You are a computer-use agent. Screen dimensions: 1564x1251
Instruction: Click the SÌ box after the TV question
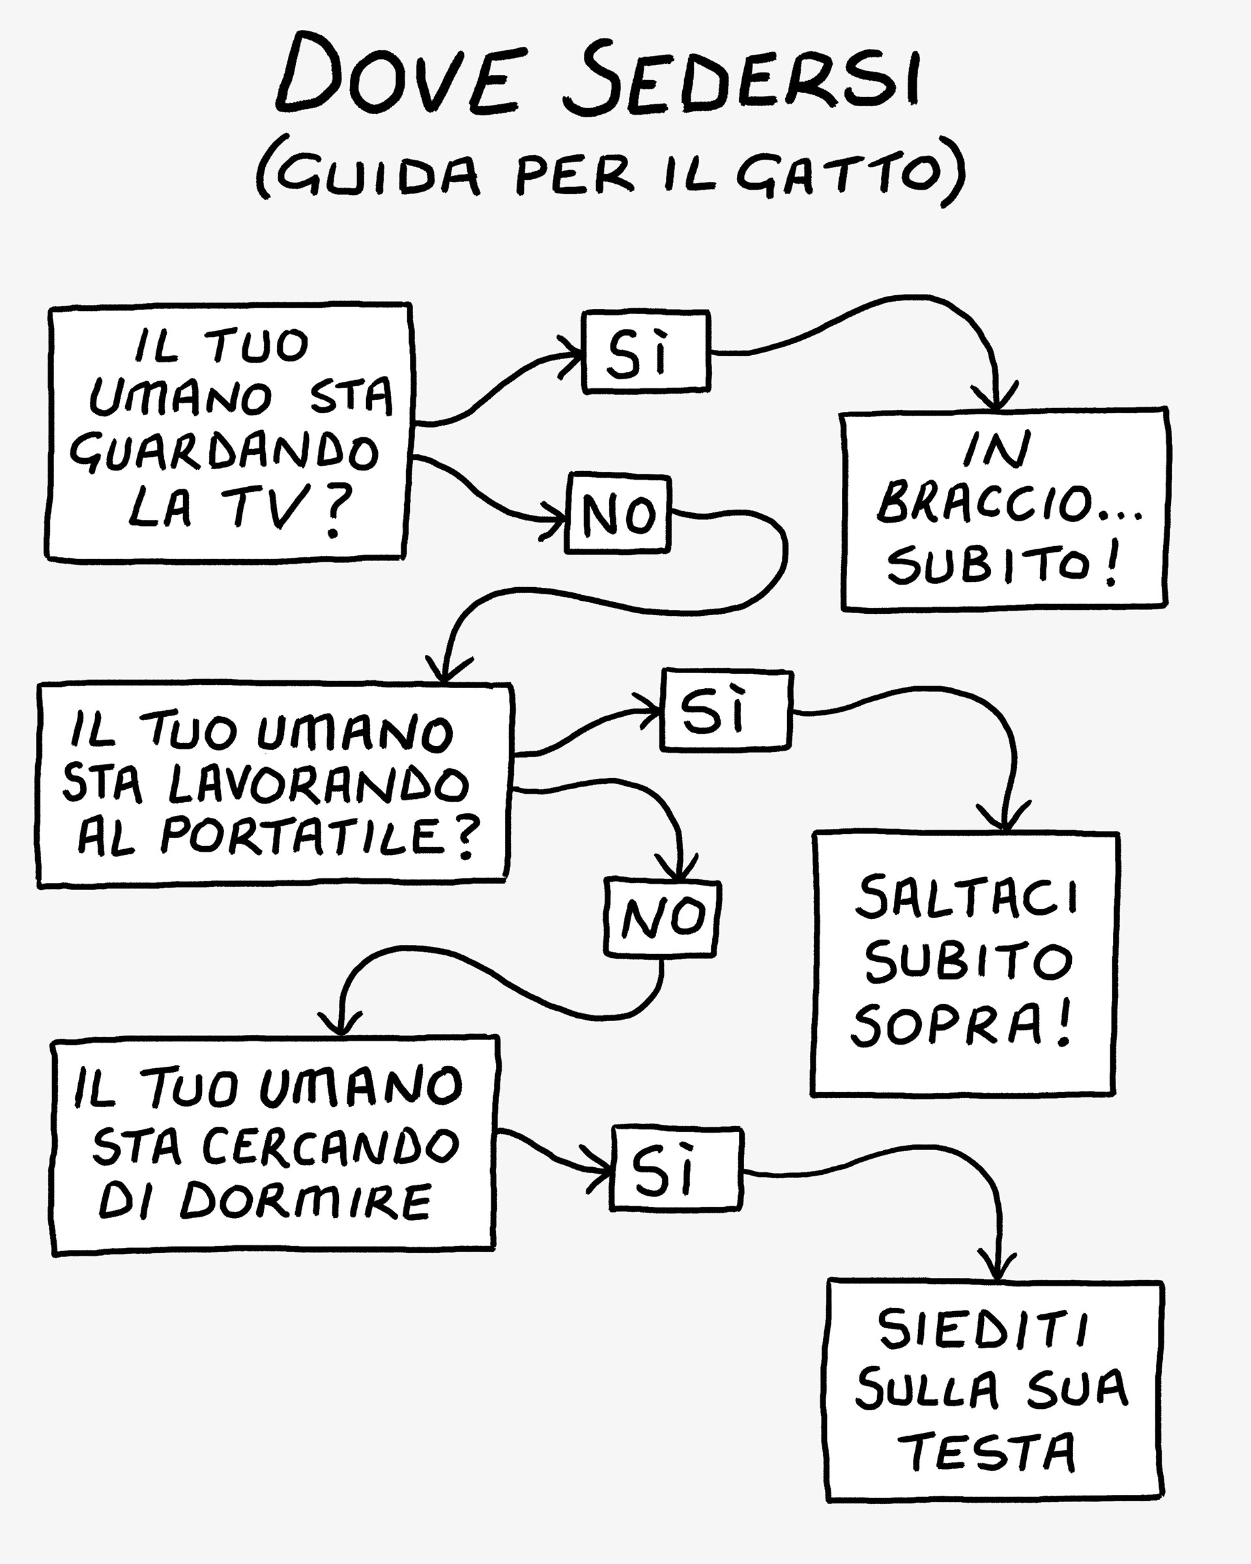pos(646,352)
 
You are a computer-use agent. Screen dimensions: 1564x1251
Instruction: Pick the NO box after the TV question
pos(618,513)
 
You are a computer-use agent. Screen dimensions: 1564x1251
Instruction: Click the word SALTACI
pos(968,897)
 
